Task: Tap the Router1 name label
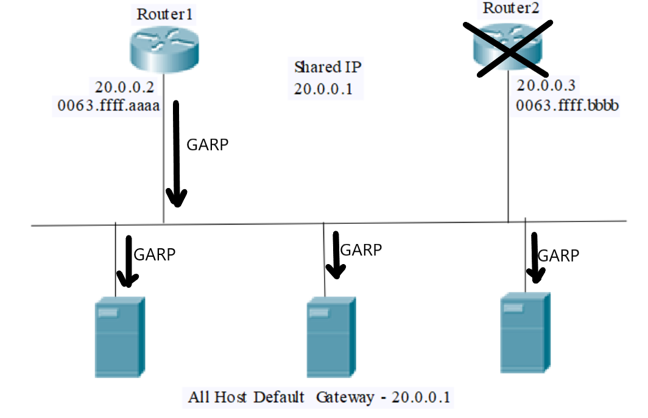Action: (x=164, y=14)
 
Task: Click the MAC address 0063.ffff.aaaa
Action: (x=108, y=106)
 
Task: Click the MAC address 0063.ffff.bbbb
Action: (x=568, y=105)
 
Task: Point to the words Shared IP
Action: (x=323, y=66)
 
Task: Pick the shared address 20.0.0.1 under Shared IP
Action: (x=323, y=88)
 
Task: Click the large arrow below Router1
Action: (x=177, y=155)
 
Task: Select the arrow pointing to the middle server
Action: (x=334, y=254)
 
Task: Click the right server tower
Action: (x=524, y=332)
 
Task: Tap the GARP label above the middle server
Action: (x=361, y=249)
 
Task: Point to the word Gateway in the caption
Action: (x=345, y=398)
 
